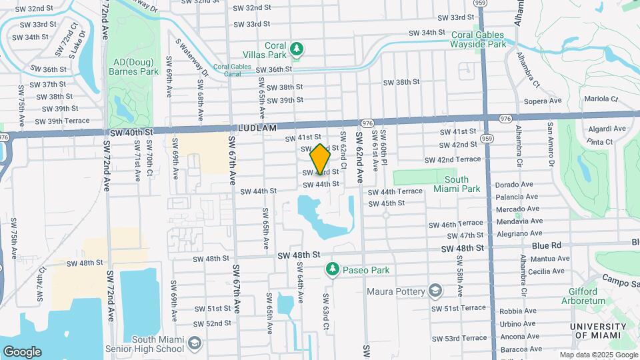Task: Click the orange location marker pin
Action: pyautogui.click(x=320, y=159)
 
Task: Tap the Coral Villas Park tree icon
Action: pyautogui.click(x=297, y=49)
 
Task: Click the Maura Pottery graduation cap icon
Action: pyautogui.click(x=435, y=291)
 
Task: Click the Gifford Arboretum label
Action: pyautogui.click(x=588, y=296)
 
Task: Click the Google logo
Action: pyautogui.click(x=22, y=351)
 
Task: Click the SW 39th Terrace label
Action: pyautogui.click(x=62, y=121)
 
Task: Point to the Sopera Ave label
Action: pyautogui.click(x=543, y=101)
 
